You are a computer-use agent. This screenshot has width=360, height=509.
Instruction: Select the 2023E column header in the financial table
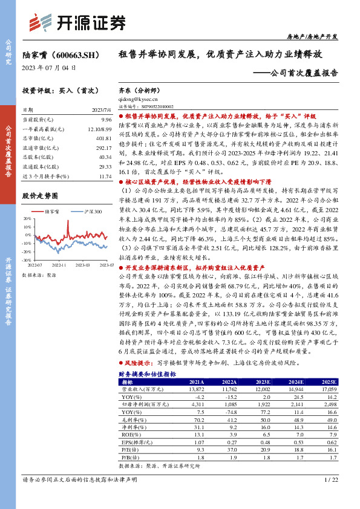[263, 382]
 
